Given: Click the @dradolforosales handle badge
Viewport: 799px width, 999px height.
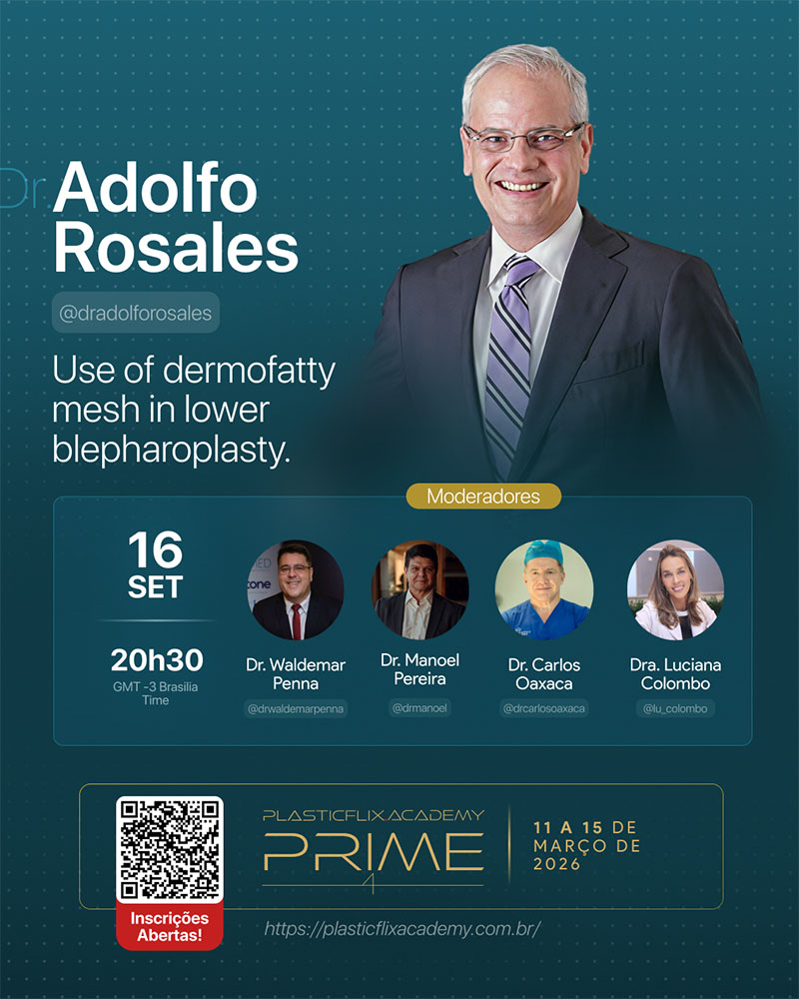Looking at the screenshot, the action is coord(136,312).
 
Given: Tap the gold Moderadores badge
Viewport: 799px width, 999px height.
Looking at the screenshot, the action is coord(483,496).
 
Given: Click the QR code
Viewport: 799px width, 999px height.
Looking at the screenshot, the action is coord(170,848).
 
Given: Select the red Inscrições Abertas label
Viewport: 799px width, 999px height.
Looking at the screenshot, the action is coord(170,926).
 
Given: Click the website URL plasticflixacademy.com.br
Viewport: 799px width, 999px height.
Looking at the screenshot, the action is coord(402,928).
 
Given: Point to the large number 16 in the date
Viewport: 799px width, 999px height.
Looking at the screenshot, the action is coord(156,549).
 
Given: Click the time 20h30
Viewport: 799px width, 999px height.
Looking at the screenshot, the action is coord(157,660).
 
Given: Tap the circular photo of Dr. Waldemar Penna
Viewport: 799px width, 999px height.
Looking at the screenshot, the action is coord(296,590).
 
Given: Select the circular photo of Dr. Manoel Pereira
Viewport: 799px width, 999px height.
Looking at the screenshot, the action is coord(419,590).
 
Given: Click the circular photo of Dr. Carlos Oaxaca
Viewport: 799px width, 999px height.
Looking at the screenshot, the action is coord(544,590).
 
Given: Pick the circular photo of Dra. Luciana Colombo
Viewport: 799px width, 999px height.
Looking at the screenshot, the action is coord(675,590).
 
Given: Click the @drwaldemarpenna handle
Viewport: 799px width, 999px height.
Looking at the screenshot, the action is coord(296,708).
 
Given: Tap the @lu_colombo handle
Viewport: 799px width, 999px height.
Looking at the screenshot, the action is coord(675,708).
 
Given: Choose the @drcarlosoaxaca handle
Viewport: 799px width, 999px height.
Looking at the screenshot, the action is coord(544,708).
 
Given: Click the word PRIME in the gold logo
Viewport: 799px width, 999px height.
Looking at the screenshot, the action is coord(374,852).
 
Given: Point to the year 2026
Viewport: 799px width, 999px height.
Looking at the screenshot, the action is coord(557,864).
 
